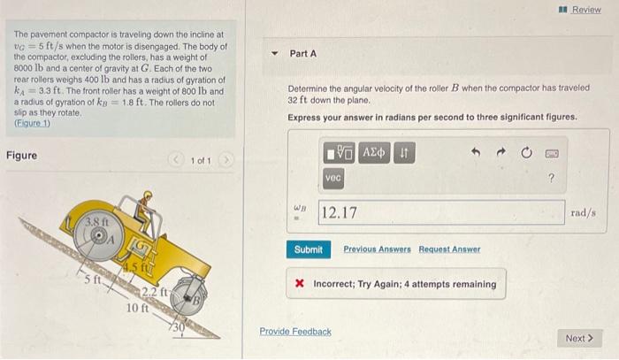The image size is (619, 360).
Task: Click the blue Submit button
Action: [x=309, y=249]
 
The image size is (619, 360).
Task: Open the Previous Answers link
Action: [x=377, y=249]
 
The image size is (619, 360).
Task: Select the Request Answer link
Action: [x=449, y=249]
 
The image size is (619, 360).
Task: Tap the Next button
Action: [x=579, y=338]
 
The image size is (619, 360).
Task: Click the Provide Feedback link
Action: [x=295, y=332]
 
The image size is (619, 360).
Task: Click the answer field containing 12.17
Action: [x=441, y=212]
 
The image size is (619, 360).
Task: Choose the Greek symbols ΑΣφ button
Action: [x=374, y=153]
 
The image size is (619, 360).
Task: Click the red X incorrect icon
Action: [x=300, y=283]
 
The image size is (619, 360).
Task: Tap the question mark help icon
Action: [x=552, y=178]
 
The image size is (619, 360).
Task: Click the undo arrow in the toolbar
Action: [x=476, y=152]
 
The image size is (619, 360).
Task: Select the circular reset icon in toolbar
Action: [x=526, y=152]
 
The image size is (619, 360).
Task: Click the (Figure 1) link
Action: [x=33, y=123]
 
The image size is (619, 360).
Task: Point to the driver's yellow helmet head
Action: [x=148, y=195]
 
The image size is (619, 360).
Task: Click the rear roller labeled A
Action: [x=98, y=237]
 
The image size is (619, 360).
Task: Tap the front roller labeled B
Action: [x=188, y=296]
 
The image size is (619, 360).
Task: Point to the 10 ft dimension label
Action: [x=137, y=308]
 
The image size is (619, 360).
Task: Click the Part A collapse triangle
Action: [x=275, y=53]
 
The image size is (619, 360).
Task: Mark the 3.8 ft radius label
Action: [x=97, y=222]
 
